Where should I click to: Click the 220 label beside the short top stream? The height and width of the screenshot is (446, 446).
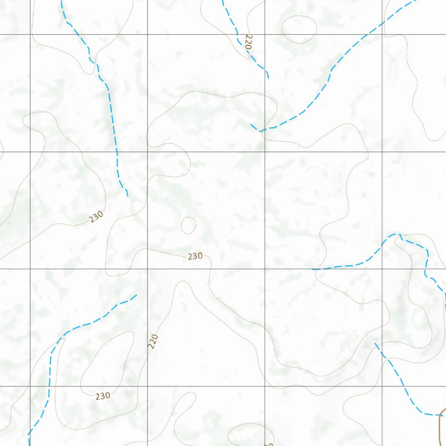coord(248,42)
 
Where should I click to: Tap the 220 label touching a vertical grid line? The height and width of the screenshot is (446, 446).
coord(152,341)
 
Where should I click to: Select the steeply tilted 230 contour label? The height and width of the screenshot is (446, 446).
coord(96,216)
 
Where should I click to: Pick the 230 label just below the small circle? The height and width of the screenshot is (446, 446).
coord(195,256)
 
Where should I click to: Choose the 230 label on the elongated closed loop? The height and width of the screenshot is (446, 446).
coord(103,396)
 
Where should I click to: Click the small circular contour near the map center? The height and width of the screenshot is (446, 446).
coord(188,225)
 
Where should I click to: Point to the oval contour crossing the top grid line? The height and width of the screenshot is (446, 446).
coord(299,30)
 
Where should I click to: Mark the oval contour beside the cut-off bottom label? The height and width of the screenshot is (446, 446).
coord(251,434)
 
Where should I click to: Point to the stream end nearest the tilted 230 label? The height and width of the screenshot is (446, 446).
coord(127,196)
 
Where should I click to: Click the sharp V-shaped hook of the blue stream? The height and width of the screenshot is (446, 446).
coord(260,130)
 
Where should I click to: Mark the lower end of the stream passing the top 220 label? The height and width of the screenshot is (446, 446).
coord(268,78)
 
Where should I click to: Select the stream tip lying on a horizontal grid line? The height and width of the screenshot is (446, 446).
coord(313,269)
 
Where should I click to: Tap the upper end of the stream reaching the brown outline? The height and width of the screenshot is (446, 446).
coord(375,343)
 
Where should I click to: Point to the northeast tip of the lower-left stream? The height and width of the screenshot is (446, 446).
coord(136,295)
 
